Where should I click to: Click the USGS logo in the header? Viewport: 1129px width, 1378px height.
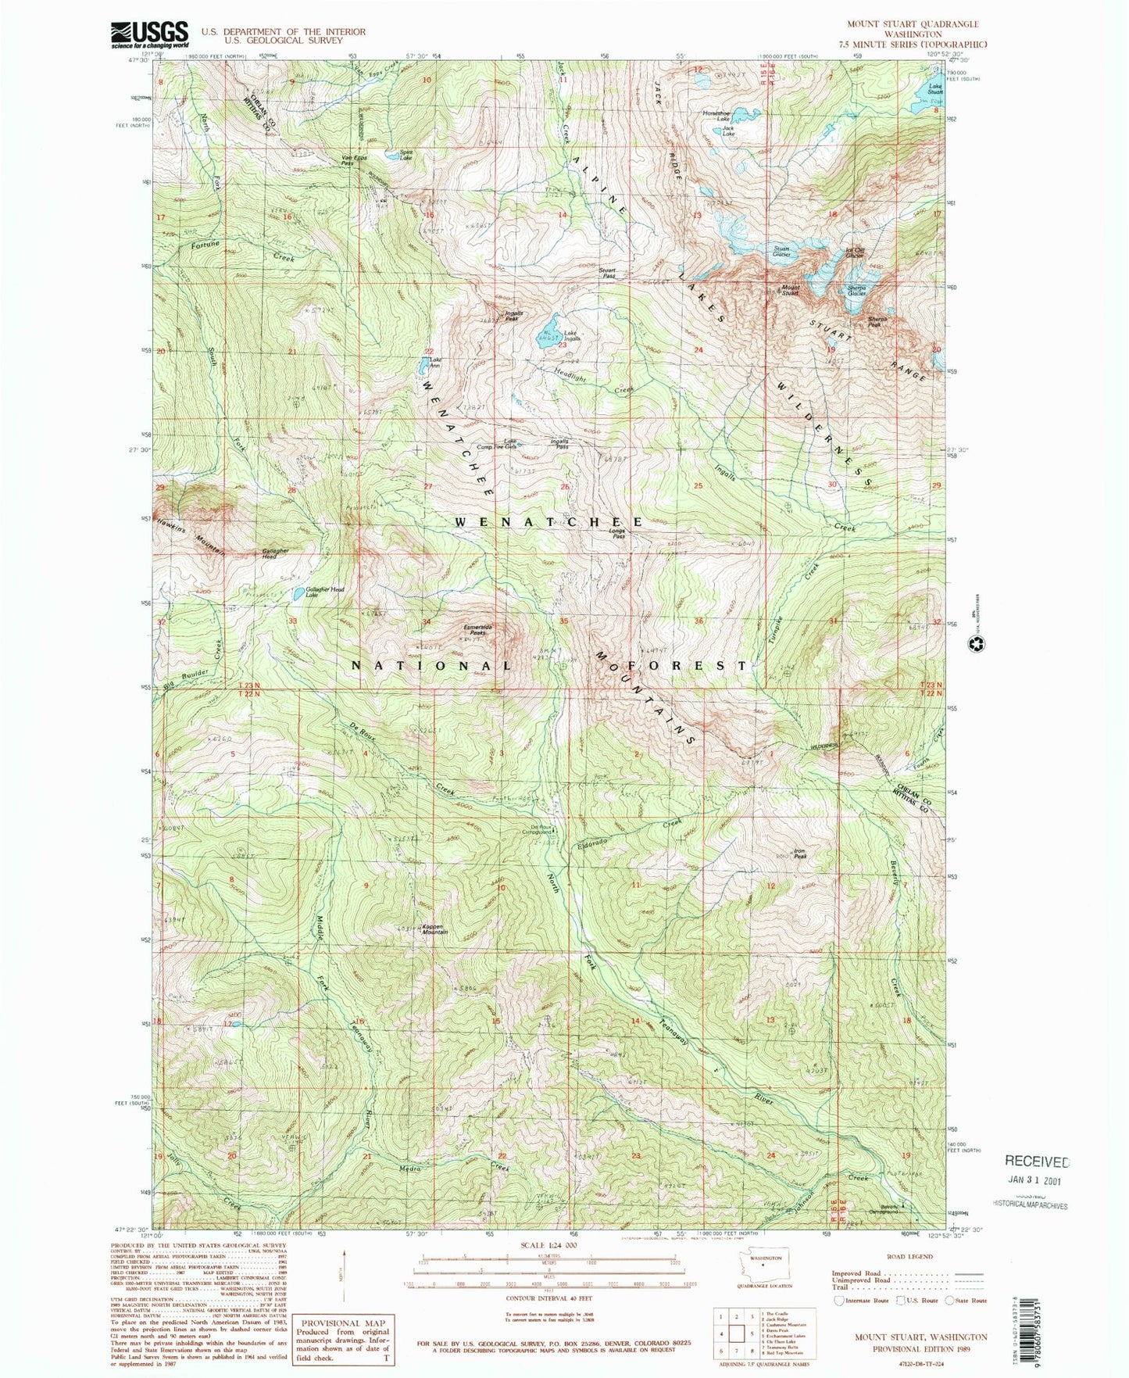coord(150,34)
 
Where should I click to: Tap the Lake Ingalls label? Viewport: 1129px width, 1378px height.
coord(572,336)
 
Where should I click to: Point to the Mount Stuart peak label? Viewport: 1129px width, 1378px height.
coord(791,290)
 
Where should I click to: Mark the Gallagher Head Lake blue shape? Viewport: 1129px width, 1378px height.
coord(299,594)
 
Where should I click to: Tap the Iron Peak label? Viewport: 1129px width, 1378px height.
coord(799,854)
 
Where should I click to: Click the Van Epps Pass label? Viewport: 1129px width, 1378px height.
coord(353,160)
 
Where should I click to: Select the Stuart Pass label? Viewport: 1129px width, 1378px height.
coord(607,273)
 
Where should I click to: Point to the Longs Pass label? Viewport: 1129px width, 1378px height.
coord(617,534)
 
